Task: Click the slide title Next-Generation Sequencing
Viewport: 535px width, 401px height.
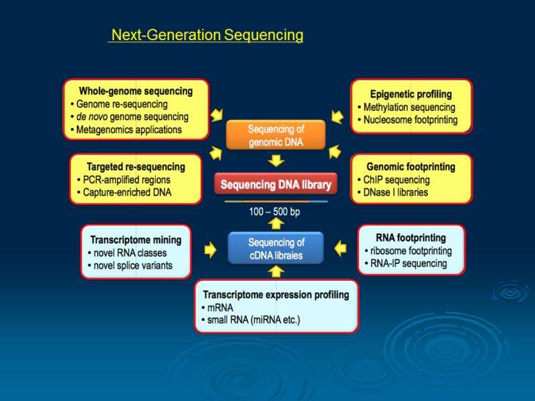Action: [x=207, y=35]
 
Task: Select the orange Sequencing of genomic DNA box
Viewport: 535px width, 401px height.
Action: [x=276, y=135]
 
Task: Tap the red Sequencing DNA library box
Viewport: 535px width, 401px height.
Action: [x=276, y=184]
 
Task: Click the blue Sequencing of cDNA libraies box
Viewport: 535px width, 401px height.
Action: [x=276, y=249]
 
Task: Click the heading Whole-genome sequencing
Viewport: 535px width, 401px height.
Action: [x=136, y=91]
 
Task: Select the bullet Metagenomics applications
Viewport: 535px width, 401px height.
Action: [x=128, y=130]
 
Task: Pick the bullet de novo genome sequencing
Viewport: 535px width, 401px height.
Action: [x=132, y=117]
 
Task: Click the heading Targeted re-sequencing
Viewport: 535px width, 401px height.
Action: [x=136, y=166]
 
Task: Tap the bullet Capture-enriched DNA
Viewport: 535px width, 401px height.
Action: [x=124, y=192]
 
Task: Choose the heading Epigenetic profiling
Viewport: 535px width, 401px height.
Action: [x=411, y=94]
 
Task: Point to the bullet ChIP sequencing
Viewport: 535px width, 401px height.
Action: [x=397, y=180]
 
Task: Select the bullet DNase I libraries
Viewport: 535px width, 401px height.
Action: [x=395, y=192]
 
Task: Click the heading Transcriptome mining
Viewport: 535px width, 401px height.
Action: [x=136, y=239]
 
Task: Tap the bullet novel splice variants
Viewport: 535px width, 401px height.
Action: [x=129, y=265]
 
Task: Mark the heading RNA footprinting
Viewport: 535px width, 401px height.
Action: [x=411, y=237]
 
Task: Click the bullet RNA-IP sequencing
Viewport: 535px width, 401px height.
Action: [x=406, y=263]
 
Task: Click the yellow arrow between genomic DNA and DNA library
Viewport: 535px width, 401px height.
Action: [x=276, y=160]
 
